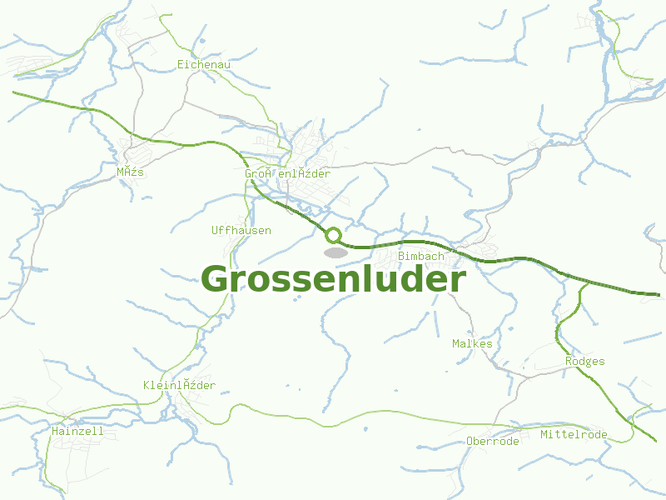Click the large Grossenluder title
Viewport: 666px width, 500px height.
(x=333, y=279)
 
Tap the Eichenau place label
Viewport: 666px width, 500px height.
(x=204, y=64)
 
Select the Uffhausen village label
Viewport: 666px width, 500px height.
(x=241, y=231)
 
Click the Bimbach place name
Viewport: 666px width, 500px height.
(x=421, y=257)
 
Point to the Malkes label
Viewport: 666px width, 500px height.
(x=472, y=344)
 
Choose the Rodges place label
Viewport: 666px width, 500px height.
(x=584, y=362)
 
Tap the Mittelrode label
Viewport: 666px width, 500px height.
(x=574, y=435)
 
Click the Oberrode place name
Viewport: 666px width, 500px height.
(x=493, y=442)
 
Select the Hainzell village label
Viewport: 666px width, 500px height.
(x=77, y=432)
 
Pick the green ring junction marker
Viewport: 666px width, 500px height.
(x=333, y=236)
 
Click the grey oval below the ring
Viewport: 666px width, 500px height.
(x=335, y=252)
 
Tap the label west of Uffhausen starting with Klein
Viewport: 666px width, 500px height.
(x=179, y=385)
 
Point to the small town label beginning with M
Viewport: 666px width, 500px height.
(x=131, y=172)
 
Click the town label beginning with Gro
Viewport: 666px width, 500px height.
(x=287, y=173)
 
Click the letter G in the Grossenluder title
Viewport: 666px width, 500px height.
(x=216, y=280)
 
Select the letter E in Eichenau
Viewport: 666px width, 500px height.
(x=181, y=64)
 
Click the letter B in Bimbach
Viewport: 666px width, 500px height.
(x=401, y=257)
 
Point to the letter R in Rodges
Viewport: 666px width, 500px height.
(x=569, y=362)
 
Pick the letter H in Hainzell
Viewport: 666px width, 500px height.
(x=54, y=432)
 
